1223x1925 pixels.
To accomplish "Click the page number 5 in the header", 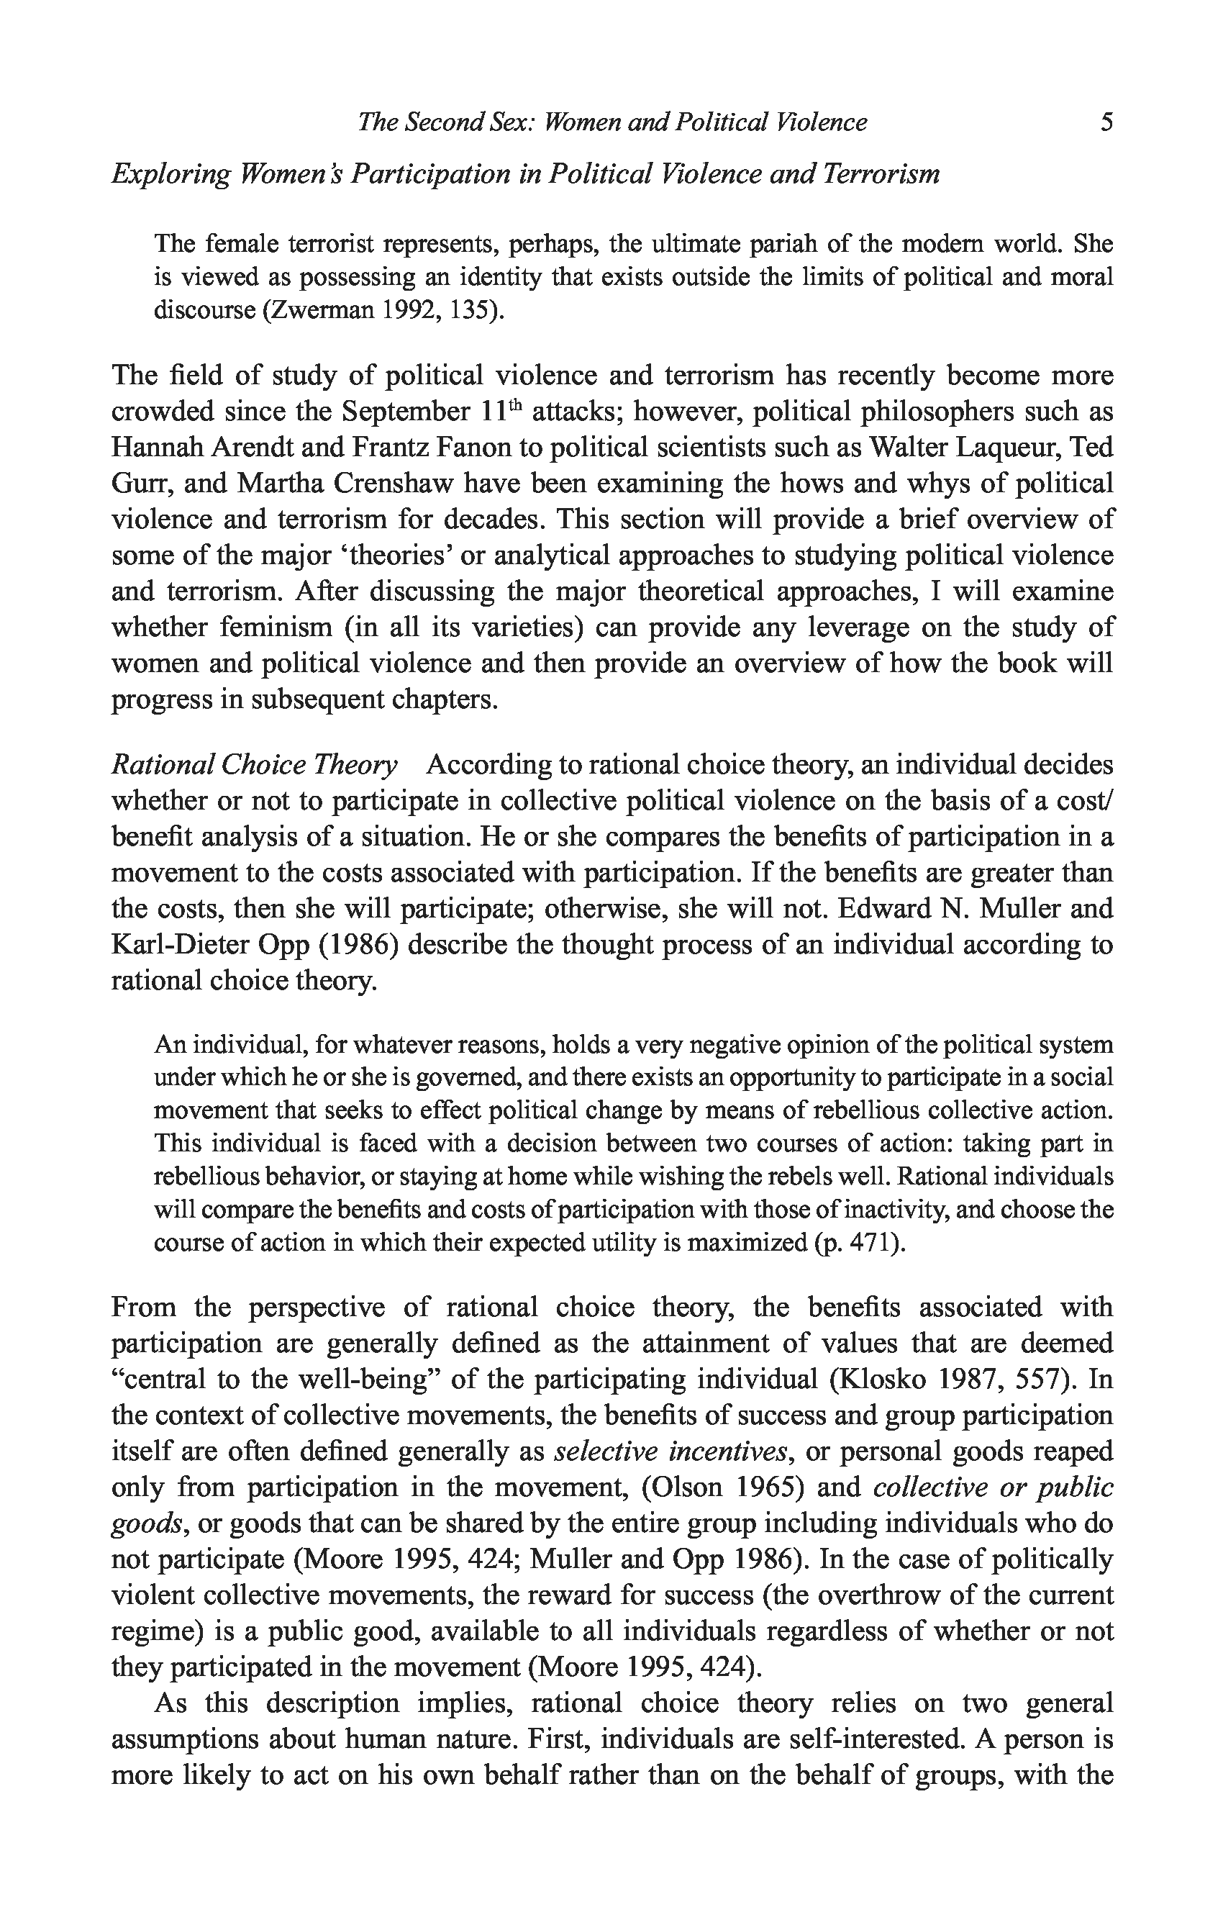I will coord(1106,122).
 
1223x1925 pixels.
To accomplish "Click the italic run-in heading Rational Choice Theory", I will coord(253,765).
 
